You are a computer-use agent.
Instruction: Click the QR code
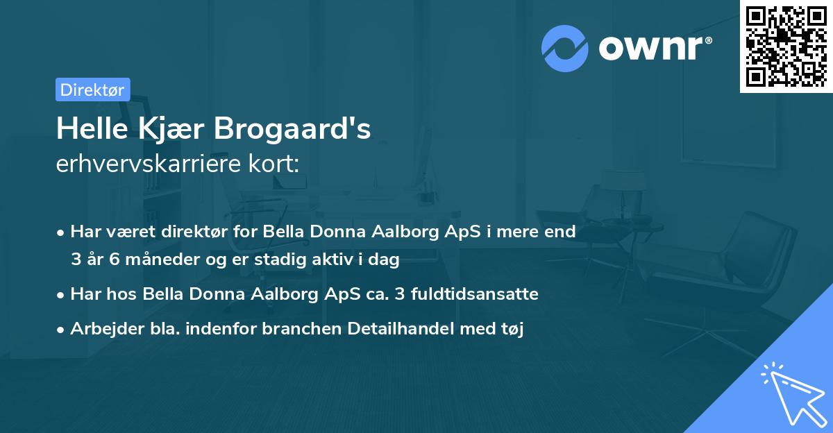[786, 46]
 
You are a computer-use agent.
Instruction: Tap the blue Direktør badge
[92, 90]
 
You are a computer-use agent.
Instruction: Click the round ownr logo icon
[564, 49]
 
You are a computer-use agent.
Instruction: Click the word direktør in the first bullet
[194, 232]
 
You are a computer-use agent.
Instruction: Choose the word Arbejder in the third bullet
[101, 329]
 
